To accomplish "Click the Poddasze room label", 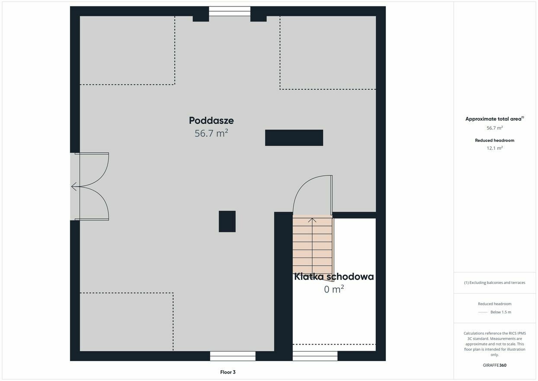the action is click(x=211, y=120).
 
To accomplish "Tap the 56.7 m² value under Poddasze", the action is click(x=211, y=133).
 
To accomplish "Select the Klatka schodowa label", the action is click(x=334, y=277).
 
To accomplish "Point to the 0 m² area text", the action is click(x=334, y=289).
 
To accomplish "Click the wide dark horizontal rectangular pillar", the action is click(x=294, y=138).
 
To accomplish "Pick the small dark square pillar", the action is click(x=227, y=221).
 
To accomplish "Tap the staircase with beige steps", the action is click(x=313, y=245).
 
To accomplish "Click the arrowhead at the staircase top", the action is click(x=312, y=220).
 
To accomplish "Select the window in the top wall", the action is click(x=229, y=11).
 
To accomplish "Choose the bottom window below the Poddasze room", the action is click(x=233, y=356).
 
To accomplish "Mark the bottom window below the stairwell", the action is click(x=315, y=356).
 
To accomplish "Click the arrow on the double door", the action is click(x=75, y=187).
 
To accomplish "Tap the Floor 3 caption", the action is click(x=227, y=372).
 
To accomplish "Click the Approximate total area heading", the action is click(x=494, y=119).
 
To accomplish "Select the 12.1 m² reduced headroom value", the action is click(x=494, y=148).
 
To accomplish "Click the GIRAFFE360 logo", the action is click(x=494, y=365).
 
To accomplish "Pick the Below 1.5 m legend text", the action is click(x=501, y=312).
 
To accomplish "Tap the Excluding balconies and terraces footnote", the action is click(x=494, y=283).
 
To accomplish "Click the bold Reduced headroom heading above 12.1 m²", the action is click(x=494, y=140).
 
